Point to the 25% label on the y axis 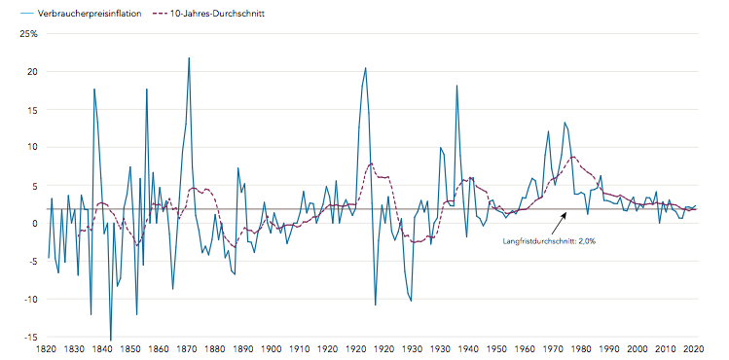[29, 34]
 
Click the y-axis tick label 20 [32, 72]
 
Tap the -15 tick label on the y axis [30, 337]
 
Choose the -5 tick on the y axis [32, 261]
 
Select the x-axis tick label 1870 [189, 348]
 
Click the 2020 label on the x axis [694, 348]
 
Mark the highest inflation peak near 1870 [189, 58]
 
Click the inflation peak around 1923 [365, 68]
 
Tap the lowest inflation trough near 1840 [110, 340]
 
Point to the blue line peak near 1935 [456, 86]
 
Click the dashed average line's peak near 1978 [573, 157]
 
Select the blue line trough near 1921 [376, 305]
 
